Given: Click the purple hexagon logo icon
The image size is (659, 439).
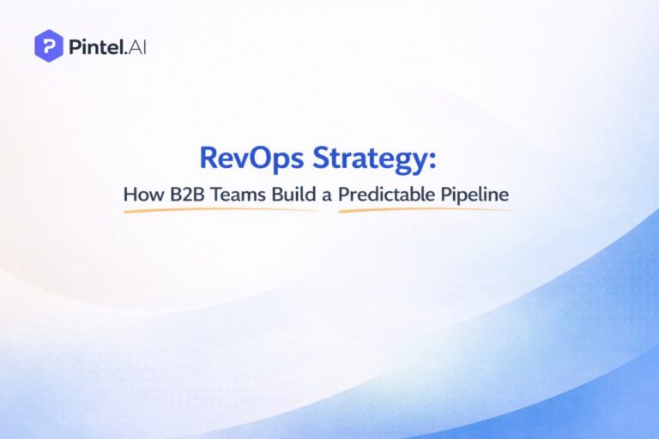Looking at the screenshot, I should pyautogui.click(x=48, y=45).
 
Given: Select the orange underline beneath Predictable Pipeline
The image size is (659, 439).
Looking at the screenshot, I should pyautogui.click(x=425, y=210).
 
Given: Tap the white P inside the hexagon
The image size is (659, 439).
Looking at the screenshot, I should pyautogui.click(x=48, y=45).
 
